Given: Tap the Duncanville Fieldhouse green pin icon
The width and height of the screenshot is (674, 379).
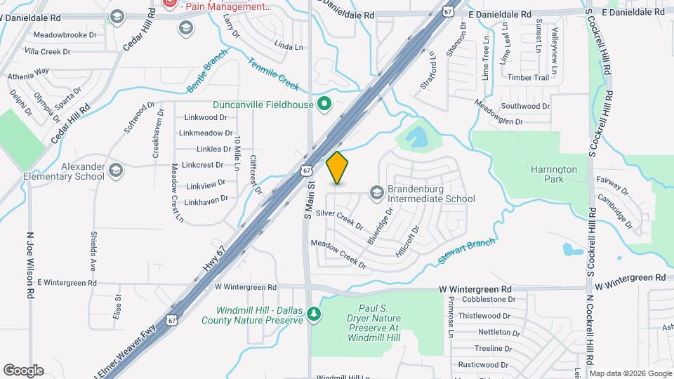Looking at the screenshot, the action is coord(324,105).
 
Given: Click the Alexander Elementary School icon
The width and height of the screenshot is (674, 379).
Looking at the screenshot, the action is coord(116,168).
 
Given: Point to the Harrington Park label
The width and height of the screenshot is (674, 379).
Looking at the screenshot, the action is coord(554,174).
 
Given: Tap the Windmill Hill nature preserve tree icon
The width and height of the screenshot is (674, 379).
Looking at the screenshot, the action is coord(315,313).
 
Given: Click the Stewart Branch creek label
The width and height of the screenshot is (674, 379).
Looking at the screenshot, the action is coord(467,251).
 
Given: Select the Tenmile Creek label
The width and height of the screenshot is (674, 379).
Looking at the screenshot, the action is coord(273,74).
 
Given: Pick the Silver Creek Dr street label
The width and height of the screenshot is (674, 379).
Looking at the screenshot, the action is coord(340,219).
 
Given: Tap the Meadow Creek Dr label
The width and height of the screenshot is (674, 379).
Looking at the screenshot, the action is coord(338,254).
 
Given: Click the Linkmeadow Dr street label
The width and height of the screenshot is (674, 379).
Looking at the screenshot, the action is coord(206,133).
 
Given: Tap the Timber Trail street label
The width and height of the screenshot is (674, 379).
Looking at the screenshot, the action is coord(528,78).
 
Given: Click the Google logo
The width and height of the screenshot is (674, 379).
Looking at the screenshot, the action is coord(23,370).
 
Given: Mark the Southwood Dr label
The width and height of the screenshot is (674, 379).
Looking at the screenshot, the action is coord(526,107).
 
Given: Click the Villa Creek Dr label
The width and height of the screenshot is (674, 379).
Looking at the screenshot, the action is coord(48,52).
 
